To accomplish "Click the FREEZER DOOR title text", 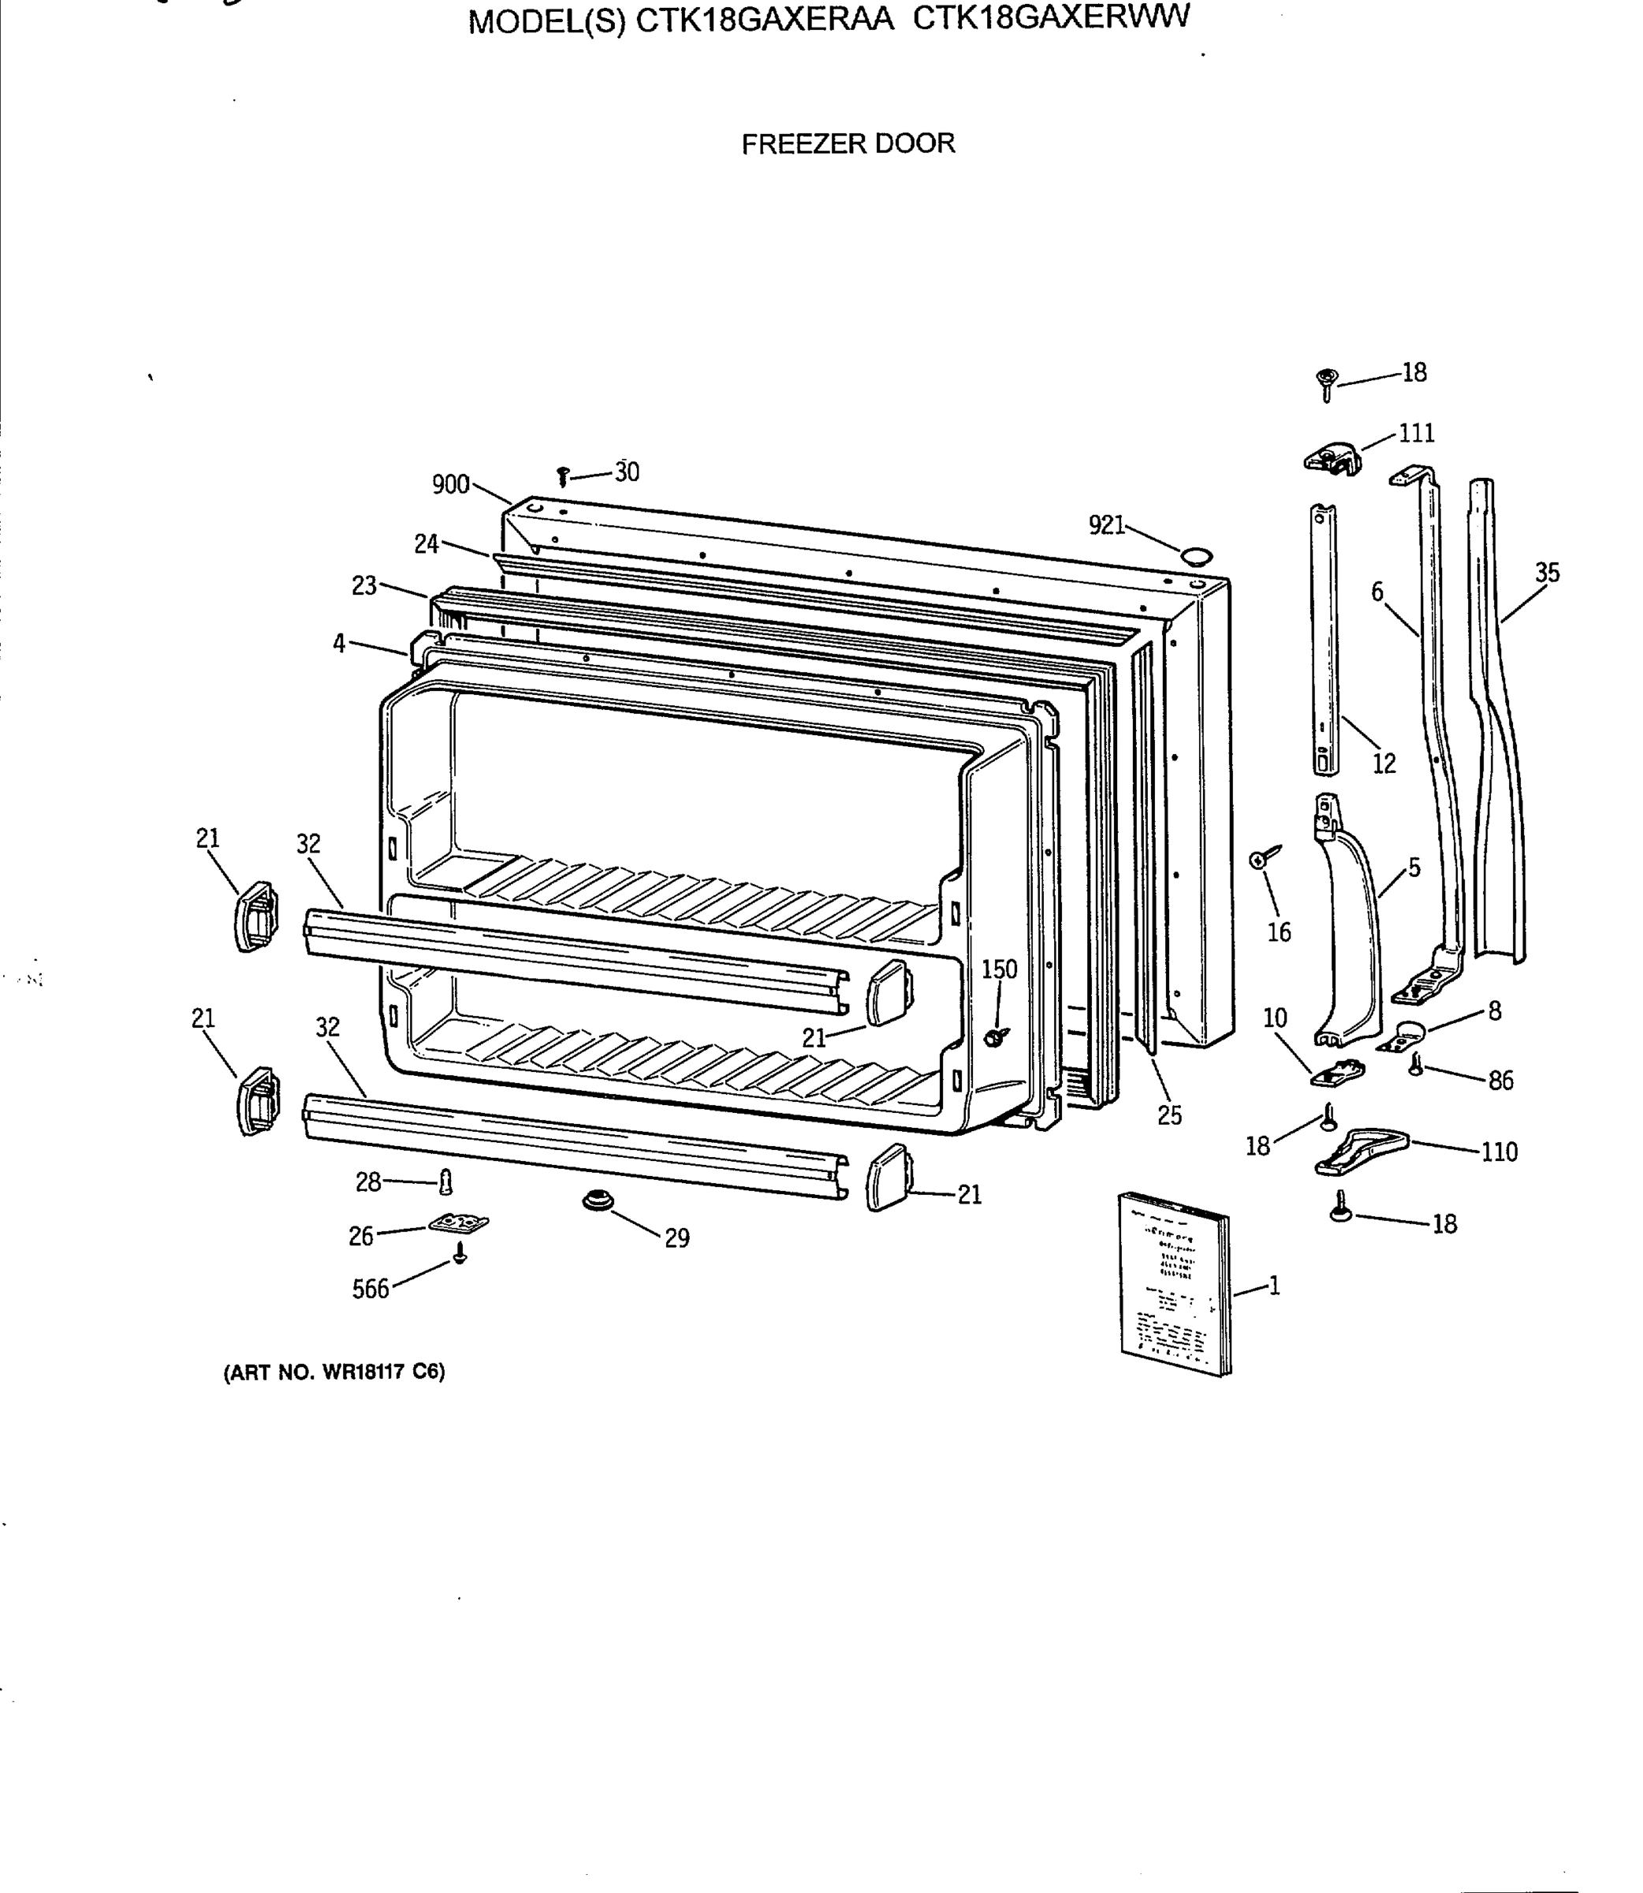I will point(848,144).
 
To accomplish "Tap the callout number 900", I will point(450,484).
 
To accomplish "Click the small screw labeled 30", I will point(563,476).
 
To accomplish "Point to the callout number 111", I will point(1416,433).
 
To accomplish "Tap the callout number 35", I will point(1547,573).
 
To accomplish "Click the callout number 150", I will point(1000,969).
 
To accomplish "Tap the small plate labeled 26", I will point(457,1223).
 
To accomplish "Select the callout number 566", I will point(371,1289).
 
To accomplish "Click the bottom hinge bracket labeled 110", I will point(1361,1152).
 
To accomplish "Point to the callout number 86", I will point(1500,1081).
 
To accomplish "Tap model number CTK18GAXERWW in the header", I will point(1051,18).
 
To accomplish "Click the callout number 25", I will point(1169,1116).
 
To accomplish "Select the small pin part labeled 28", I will point(445,1182).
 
